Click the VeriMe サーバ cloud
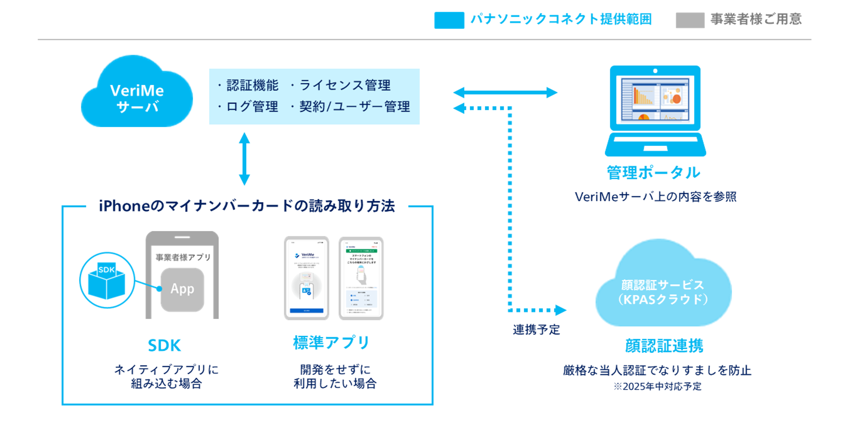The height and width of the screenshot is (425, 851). [137, 96]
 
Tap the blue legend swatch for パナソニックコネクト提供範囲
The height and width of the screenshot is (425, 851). [449, 20]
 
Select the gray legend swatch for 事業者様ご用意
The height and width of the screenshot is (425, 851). [690, 20]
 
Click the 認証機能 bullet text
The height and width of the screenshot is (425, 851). [252, 85]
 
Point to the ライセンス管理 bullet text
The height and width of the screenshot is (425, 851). [345, 85]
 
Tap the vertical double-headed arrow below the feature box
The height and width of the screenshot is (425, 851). [244, 159]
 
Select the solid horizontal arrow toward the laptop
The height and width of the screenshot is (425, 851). [505, 92]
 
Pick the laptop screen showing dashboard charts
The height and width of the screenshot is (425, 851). [655, 99]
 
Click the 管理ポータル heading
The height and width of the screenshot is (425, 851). [653, 173]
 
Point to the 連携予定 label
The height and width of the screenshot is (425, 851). [536, 329]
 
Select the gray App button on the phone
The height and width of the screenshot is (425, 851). [182, 289]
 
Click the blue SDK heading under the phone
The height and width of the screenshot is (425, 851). [164, 345]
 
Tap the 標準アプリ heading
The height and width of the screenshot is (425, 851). [331, 343]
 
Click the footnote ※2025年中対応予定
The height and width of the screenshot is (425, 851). [657, 386]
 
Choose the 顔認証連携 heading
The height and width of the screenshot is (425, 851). [664, 346]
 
